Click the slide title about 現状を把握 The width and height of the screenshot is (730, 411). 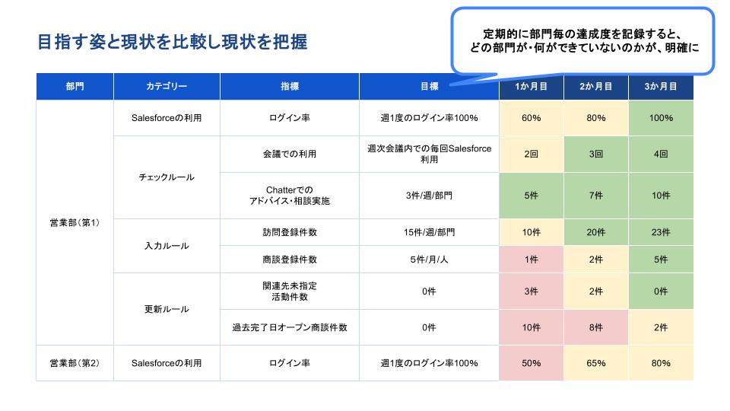[172, 42]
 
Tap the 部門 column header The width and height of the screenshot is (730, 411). [75, 87]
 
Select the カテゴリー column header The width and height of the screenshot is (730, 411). [166, 87]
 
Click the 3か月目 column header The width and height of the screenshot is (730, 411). [661, 87]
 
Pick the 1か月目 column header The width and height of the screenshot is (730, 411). [532, 87]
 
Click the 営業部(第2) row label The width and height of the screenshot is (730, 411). [75, 363]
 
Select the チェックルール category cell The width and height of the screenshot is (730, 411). [166, 177]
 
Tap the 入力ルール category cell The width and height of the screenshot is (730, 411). [166, 246]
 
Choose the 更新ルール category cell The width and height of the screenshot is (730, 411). [166, 309]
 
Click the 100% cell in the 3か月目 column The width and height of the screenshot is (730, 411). [661, 118]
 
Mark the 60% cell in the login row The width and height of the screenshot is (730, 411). [532, 118]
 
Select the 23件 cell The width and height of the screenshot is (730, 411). [661, 232]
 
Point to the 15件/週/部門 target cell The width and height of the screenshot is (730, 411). [429, 232]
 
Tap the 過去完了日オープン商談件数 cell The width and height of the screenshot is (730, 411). [290, 327]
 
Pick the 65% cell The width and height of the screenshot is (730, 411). [596, 363]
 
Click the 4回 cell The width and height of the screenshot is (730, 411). [661, 154]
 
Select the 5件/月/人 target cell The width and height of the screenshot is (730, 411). [429, 260]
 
